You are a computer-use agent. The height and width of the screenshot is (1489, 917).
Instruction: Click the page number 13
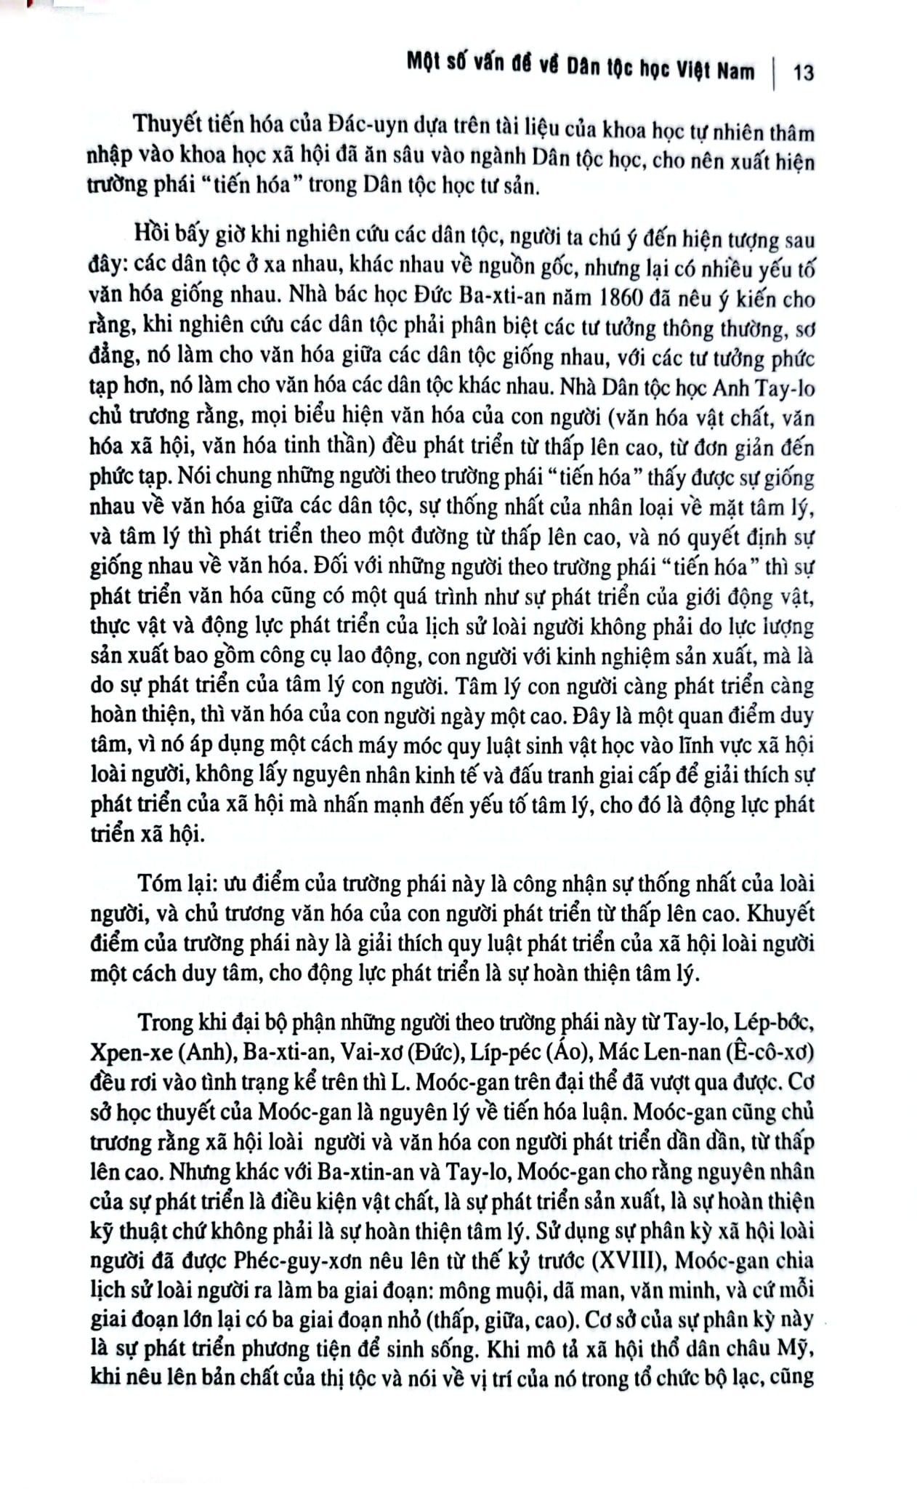pos(804,72)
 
